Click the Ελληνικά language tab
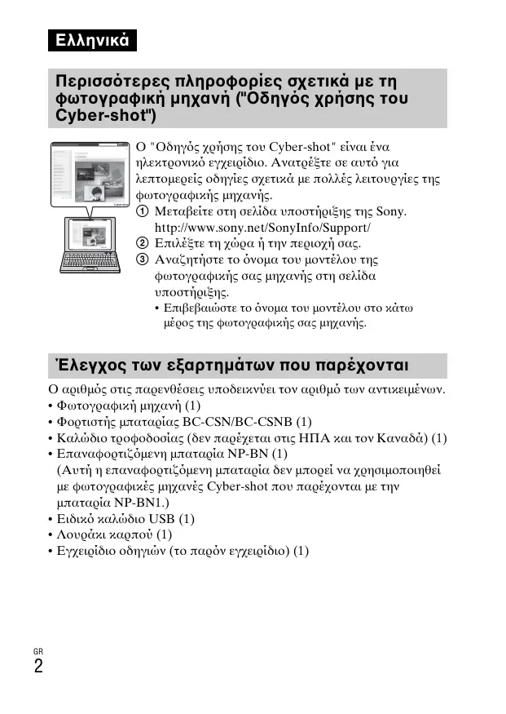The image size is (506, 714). pos(90,40)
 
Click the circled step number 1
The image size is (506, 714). pos(142,212)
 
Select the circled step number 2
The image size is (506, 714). pos(142,244)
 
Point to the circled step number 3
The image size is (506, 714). pos(142,260)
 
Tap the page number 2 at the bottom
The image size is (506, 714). pos(38,666)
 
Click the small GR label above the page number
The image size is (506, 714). pos(37,650)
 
